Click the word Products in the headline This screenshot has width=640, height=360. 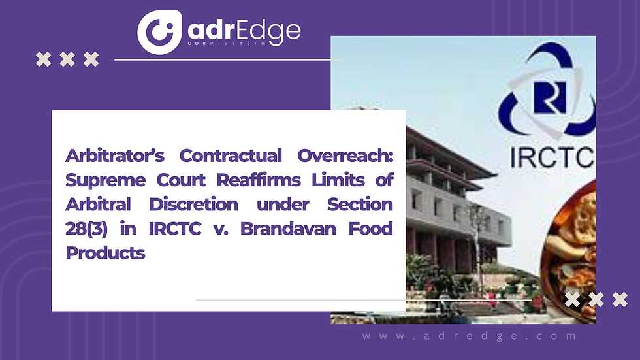[105, 253]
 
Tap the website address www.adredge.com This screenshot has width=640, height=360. [470, 336]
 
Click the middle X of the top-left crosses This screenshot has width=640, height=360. [67, 59]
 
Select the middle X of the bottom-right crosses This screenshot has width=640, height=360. [596, 300]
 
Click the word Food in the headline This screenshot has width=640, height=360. [370, 229]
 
